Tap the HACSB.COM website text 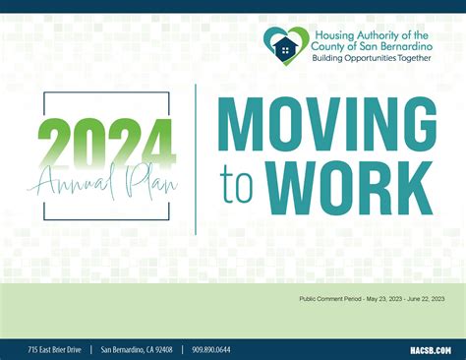[430, 349]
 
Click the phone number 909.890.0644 [211, 349]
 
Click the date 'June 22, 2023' [426, 299]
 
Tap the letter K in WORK [416, 187]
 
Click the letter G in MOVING [416, 126]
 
